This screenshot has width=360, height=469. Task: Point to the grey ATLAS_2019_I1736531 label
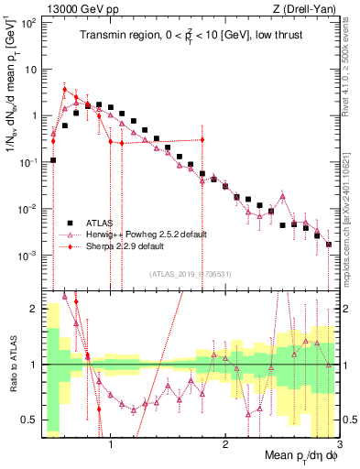pos(189,274)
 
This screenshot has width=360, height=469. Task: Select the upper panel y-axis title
pos(12,101)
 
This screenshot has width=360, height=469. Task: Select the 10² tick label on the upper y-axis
pos(29,23)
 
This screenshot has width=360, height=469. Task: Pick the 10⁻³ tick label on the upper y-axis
pos(29,255)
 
